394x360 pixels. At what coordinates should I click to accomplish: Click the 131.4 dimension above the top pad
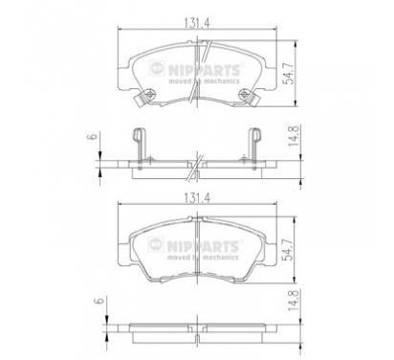pyautogui.click(x=197, y=23)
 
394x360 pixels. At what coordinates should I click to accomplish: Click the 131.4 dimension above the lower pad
pyautogui.click(x=197, y=198)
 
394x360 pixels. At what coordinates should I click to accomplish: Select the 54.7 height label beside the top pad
pyautogui.click(x=289, y=73)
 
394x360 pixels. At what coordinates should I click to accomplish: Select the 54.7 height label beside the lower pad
pyautogui.click(x=289, y=250)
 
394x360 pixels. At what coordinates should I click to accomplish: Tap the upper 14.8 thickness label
pyautogui.click(x=293, y=136)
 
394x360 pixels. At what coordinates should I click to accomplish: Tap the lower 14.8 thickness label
pyautogui.click(x=293, y=301)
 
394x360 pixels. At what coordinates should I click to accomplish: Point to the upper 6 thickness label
pyautogui.click(x=92, y=136)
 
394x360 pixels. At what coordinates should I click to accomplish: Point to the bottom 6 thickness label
pyautogui.click(x=100, y=301)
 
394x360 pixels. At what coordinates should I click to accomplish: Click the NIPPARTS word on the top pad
pyautogui.click(x=204, y=70)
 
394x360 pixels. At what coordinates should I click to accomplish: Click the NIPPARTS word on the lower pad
pyautogui.click(x=203, y=246)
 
